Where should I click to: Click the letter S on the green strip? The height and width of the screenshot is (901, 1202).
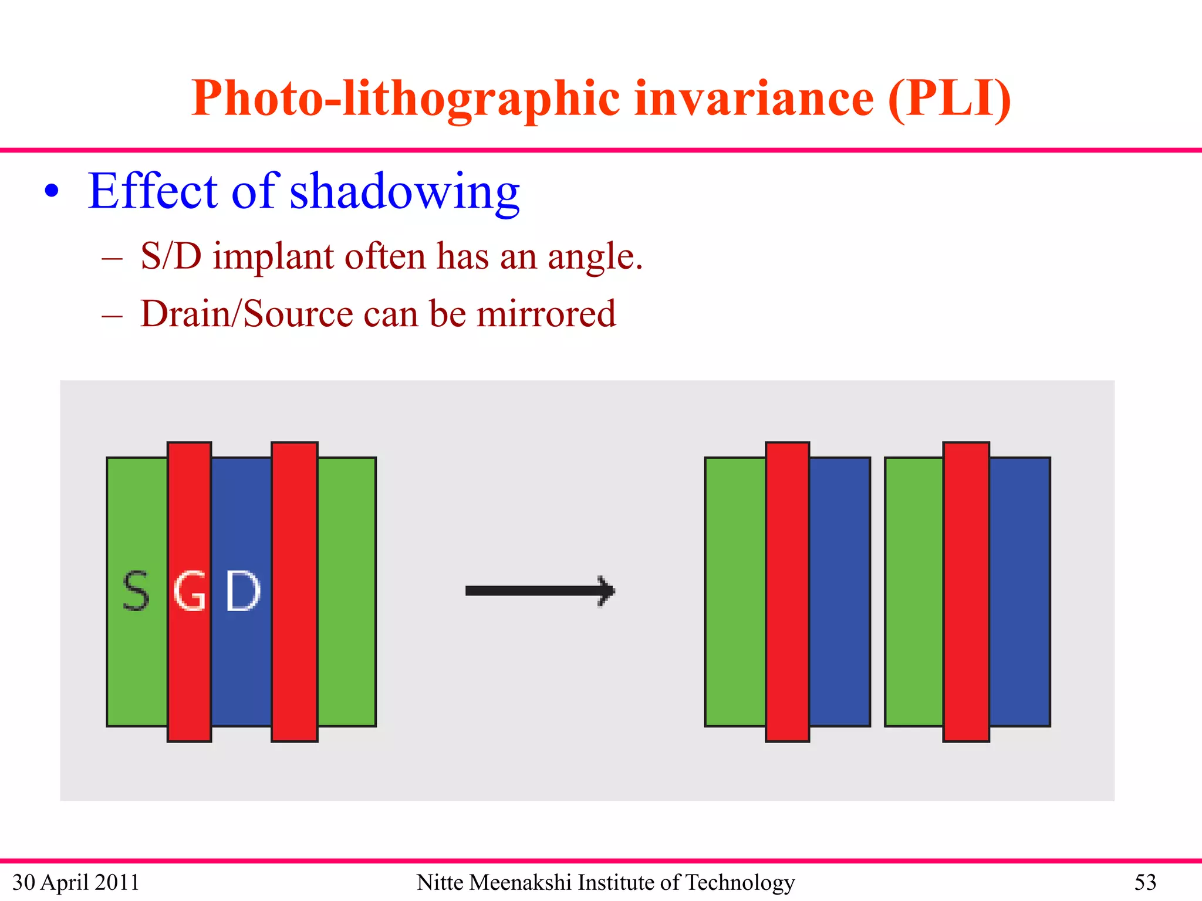136,591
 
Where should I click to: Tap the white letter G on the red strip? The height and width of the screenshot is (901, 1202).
190,591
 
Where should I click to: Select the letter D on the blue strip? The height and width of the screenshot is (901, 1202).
243,591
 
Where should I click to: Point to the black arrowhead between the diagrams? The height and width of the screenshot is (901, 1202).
606,591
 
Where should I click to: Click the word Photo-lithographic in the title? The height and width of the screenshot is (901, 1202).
405,99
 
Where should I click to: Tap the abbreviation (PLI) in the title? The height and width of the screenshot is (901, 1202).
950,99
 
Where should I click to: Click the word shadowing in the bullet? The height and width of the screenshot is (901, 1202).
404,191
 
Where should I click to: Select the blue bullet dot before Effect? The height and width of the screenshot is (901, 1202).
52,191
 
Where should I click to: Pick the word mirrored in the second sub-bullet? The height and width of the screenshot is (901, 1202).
546,314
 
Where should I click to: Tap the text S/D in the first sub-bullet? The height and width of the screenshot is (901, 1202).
171,256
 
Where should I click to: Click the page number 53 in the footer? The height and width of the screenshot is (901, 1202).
1145,882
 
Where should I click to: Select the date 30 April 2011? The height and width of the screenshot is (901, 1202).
76,882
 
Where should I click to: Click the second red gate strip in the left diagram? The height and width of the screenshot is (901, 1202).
295,591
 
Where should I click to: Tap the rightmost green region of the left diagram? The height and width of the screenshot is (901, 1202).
347,591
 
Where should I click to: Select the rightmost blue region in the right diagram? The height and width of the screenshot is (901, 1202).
1020,591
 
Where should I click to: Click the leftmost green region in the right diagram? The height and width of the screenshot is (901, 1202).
735,591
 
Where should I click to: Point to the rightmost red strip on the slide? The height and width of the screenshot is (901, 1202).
966,591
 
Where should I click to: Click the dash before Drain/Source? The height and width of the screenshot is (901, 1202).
112,316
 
